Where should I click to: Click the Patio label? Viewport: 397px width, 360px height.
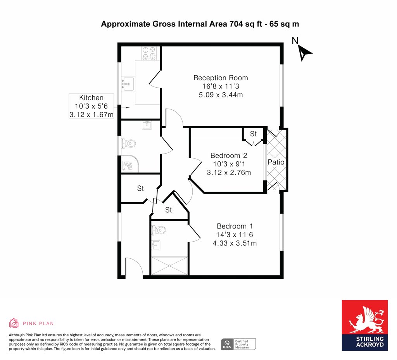276,162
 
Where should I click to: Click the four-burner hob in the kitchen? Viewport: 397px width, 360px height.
149,53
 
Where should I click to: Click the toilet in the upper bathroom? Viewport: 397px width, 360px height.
128,144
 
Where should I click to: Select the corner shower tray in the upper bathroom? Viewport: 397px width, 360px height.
129,164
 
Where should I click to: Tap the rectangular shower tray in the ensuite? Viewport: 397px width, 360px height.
169,265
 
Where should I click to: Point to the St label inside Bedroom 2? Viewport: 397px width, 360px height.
254,134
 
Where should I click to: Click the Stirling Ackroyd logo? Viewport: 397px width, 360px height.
364,325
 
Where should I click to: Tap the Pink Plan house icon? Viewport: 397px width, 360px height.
14,323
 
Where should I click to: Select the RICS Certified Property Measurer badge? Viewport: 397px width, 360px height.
238,344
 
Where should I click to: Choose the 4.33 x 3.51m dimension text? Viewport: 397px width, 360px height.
235,243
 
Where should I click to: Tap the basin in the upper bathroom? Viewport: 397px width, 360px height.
147,125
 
